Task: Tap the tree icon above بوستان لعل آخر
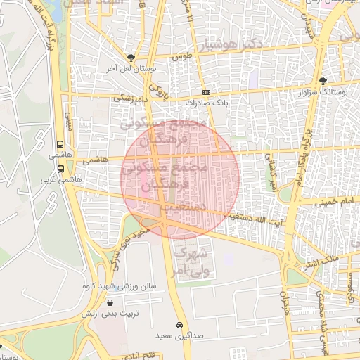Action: (131, 58)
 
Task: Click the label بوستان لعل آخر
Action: (130, 69)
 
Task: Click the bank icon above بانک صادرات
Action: (205, 92)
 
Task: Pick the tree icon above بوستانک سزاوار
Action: (323, 81)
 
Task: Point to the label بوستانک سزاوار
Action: (323, 92)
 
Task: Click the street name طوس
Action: (184, 56)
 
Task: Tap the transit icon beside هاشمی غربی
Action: (60, 169)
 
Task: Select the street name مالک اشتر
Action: (321, 263)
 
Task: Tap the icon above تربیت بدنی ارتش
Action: (110, 302)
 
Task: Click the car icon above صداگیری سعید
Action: (181, 325)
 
